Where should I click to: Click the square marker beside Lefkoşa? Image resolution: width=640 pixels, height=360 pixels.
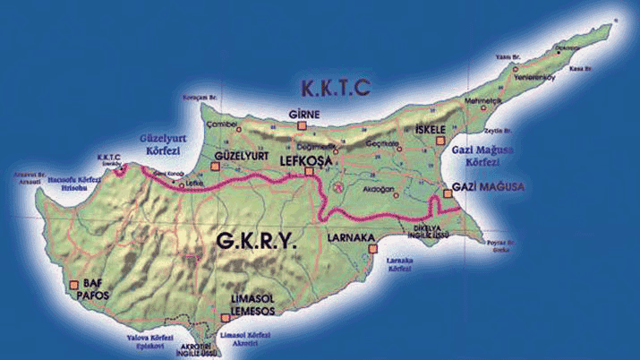click(310, 172)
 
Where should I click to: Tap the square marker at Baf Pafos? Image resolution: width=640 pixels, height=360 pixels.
click(73, 285)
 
